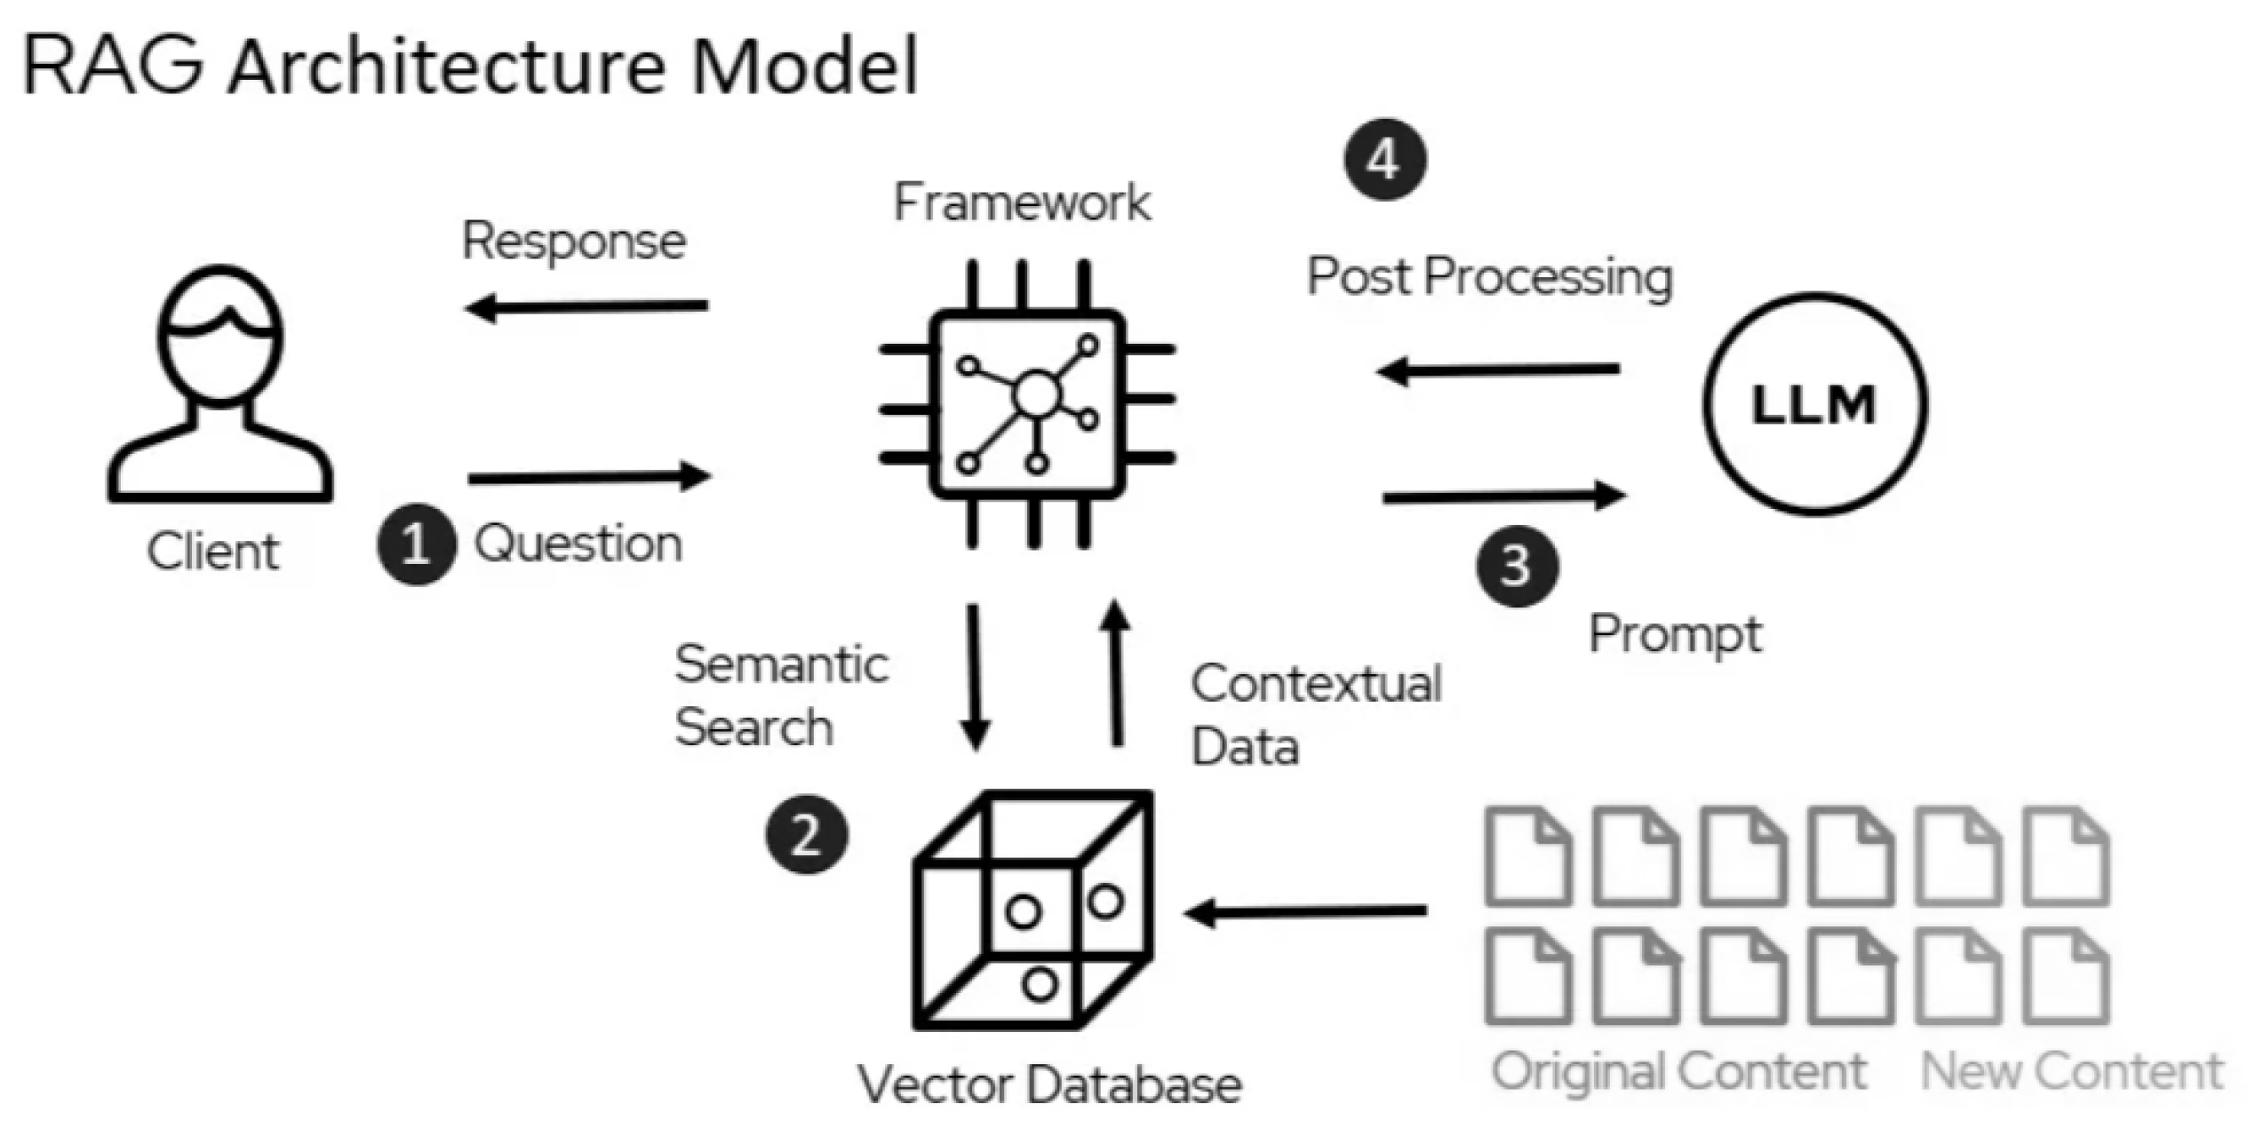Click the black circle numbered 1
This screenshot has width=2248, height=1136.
(x=416, y=544)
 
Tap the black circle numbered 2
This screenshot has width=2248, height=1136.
(x=807, y=835)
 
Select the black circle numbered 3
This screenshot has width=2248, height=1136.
(x=1517, y=566)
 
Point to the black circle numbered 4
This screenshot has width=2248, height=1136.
(x=1384, y=160)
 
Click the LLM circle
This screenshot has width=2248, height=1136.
(x=1814, y=404)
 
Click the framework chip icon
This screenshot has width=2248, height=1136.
(x=1028, y=404)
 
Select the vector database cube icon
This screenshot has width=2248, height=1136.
(x=1032, y=910)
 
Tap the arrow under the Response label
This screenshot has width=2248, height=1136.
(x=586, y=307)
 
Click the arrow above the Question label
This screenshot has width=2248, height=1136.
(x=589, y=478)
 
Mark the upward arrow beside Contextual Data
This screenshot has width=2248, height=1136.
(x=1116, y=675)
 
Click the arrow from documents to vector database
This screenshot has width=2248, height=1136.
(x=1306, y=911)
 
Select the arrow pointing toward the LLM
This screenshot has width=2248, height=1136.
(x=1503, y=497)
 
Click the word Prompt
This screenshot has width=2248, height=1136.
(x=1675, y=635)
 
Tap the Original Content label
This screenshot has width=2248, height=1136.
(x=1678, y=1070)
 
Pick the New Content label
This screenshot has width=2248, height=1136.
(x=2071, y=1070)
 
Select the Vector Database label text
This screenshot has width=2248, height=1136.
(x=1048, y=1084)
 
